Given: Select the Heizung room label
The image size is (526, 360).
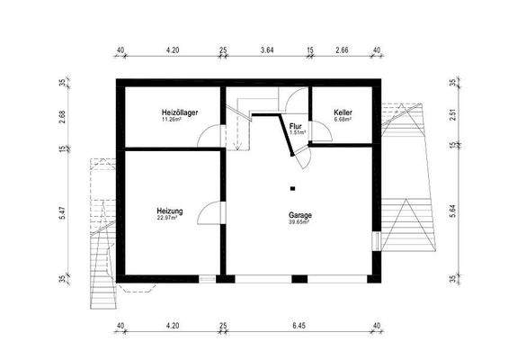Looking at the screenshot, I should [170, 211].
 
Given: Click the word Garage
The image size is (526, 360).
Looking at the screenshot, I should [300, 215].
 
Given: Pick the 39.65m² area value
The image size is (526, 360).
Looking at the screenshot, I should [299, 222].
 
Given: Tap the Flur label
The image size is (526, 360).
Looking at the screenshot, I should [296, 126].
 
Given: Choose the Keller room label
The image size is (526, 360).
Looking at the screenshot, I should [343, 111].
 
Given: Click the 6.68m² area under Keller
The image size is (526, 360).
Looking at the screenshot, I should [343, 118].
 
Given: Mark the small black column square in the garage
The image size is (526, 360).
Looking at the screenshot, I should [293, 188].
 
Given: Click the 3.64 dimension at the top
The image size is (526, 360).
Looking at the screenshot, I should [267, 50].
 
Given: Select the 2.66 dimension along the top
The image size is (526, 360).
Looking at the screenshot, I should [343, 50].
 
